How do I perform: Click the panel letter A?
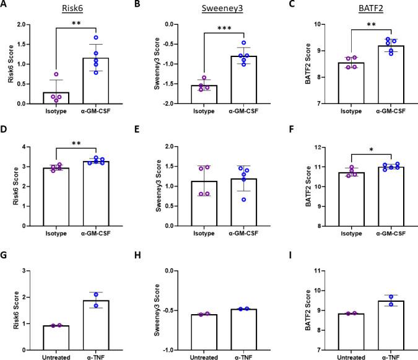(x=6, y=6)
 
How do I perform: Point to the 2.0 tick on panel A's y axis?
(x=28, y=25)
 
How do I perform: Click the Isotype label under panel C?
(x=339, y=111)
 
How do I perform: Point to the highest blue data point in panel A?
(x=96, y=38)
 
